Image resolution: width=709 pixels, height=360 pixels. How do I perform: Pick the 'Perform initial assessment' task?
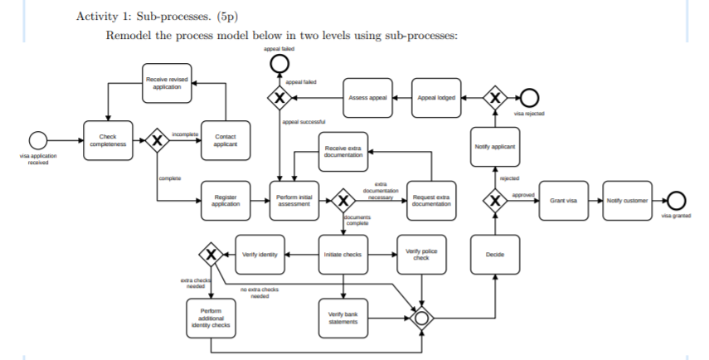pos(294,201)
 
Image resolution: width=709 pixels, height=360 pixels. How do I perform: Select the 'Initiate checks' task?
pos(342,254)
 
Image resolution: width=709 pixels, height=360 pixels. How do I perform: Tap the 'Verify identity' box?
pos(260,254)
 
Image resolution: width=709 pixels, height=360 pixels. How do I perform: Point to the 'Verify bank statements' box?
pos(342,317)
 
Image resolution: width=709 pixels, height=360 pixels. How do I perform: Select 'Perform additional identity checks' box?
pos(210,317)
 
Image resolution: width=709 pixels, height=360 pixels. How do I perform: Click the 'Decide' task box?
pos(495,254)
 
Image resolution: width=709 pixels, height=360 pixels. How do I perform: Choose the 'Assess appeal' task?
pos(368,98)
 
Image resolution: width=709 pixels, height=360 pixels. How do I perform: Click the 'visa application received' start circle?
pos(38,140)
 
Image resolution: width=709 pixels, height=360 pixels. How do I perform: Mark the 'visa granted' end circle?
pos(677,201)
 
